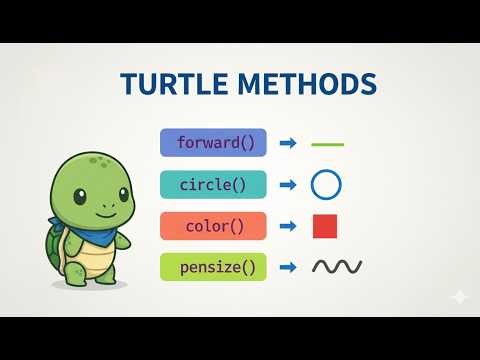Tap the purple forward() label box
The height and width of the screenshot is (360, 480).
214,143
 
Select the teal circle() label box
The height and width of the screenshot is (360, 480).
214,185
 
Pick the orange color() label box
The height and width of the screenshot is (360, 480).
214,226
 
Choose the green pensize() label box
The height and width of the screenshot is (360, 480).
214,267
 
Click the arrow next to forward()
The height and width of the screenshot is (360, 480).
288,143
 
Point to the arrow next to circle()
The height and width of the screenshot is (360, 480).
288,185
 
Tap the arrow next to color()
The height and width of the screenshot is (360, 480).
288,226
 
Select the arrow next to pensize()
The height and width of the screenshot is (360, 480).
288,267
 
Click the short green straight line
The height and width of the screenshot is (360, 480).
327,144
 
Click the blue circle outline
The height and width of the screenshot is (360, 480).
327,185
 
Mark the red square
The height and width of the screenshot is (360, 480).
325,226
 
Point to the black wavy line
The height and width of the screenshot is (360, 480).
337,267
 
